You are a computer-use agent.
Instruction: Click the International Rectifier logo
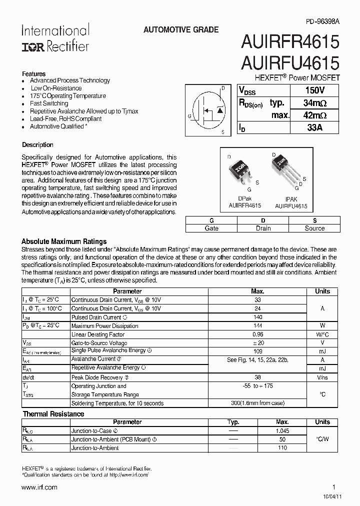click(x=55, y=38)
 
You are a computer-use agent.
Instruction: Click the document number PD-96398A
click(x=322, y=22)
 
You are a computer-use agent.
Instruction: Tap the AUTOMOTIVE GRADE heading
click(x=181, y=30)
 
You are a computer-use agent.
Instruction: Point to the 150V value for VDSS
click(x=314, y=90)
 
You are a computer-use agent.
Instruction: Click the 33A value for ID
click(x=314, y=127)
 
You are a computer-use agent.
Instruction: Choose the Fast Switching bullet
click(x=49, y=103)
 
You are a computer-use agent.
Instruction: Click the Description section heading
click(x=37, y=145)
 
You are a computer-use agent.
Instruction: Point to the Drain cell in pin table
click(x=263, y=228)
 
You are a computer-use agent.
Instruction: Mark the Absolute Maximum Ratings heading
click(x=64, y=241)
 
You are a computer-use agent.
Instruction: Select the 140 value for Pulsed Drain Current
click(x=258, y=317)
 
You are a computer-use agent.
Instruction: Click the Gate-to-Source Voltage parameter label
click(x=99, y=343)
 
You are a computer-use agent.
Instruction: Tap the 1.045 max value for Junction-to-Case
click(x=282, y=430)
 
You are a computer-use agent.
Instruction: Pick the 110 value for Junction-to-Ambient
click(x=282, y=448)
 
